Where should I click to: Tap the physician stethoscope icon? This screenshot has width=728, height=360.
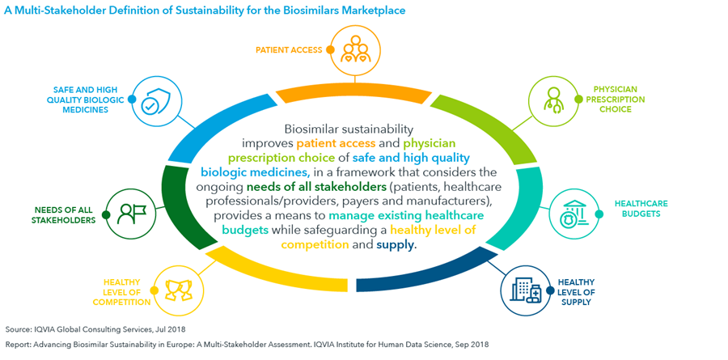click(x=553, y=100)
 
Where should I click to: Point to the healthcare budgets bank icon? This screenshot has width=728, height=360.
click(x=574, y=214)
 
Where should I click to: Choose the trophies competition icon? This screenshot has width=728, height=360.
click(x=179, y=290)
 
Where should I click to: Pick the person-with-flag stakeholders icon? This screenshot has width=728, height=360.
click(x=132, y=214)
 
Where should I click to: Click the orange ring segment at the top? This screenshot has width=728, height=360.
click(x=355, y=94)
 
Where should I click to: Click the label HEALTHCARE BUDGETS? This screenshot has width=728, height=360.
click(x=634, y=209)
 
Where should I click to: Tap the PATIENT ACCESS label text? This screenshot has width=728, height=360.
click(x=289, y=49)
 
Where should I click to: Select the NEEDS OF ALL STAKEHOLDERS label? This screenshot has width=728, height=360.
click(x=63, y=214)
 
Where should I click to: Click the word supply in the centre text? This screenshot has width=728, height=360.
click(x=395, y=245)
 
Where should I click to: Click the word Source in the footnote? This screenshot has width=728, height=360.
click(x=17, y=329)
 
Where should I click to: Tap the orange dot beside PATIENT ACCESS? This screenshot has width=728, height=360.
click(x=330, y=49)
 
